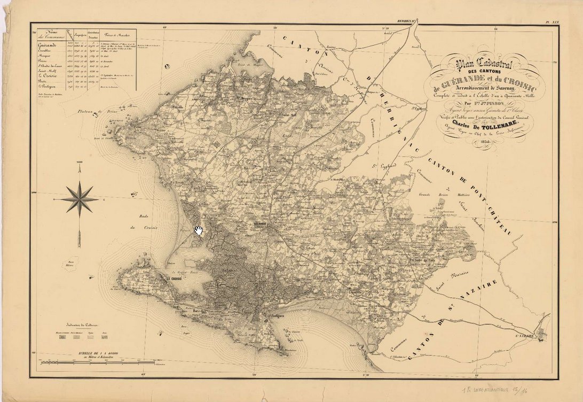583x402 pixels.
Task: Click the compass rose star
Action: tap(79, 199)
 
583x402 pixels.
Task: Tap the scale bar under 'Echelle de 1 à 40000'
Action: tap(101, 363)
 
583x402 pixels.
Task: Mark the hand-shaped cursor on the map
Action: tap(199, 230)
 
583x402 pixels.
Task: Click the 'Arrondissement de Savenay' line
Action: tap(483, 89)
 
